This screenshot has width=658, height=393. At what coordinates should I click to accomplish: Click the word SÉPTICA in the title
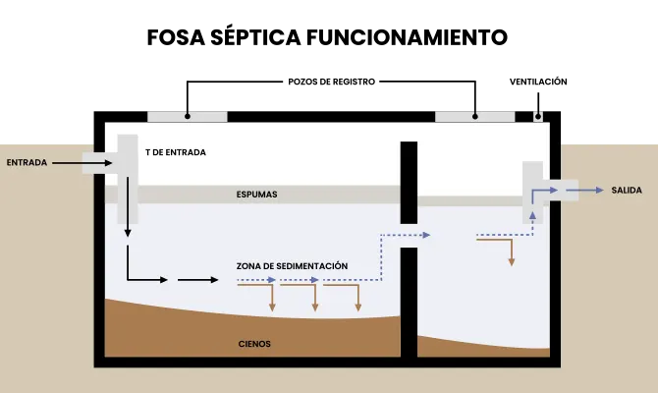click(255, 37)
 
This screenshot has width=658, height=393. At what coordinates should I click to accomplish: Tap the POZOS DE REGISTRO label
click(332, 82)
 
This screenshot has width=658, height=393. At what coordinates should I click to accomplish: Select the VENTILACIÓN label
click(538, 82)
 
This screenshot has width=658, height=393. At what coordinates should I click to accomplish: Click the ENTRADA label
click(27, 162)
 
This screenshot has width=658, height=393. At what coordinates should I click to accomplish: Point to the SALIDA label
click(627, 191)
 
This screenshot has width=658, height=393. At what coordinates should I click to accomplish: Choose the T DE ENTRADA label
click(176, 152)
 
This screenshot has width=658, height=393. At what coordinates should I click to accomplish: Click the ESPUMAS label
click(257, 195)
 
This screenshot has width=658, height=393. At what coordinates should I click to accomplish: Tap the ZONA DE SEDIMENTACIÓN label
click(292, 266)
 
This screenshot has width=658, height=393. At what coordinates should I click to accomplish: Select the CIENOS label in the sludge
click(254, 344)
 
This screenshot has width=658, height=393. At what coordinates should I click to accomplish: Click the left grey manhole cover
click(188, 117)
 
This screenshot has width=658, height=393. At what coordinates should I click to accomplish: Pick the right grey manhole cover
click(474, 117)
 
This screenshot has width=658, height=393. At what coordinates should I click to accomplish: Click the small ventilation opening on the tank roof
click(538, 117)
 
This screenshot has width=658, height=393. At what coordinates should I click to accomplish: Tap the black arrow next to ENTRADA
click(82, 163)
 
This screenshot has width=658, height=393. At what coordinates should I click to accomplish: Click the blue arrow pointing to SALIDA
click(584, 191)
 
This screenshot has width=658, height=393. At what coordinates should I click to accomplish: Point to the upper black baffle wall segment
click(409, 183)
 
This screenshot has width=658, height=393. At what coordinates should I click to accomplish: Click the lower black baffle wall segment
click(409, 303)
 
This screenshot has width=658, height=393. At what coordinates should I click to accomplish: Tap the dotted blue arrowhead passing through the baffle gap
click(427, 235)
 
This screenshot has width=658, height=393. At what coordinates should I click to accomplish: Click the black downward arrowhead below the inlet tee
click(128, 233)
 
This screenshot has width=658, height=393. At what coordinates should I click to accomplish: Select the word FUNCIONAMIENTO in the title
click(407, 37)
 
